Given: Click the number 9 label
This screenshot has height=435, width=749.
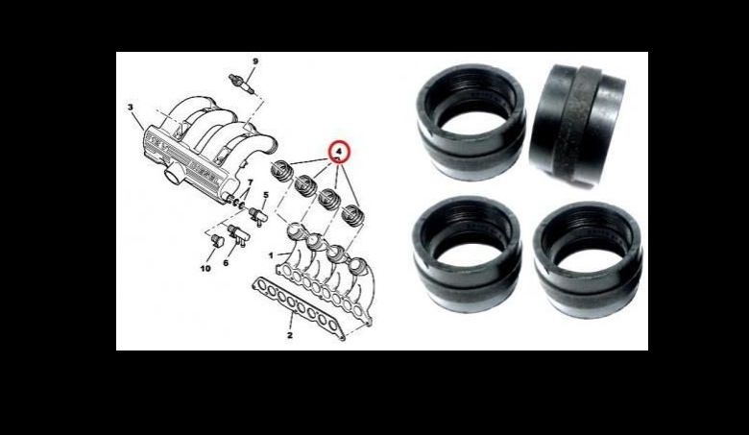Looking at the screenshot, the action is (x=255, y=61).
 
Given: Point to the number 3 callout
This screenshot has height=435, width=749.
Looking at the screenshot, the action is (x=131, y=108).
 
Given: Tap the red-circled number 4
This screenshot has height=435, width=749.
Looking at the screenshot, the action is (x=340, y=152).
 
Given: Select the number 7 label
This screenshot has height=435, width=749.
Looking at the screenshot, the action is (x=250, y=182).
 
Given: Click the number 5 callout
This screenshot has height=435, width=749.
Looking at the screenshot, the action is (x=266, y=195).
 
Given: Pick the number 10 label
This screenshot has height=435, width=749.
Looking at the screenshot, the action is (x=205, y=268).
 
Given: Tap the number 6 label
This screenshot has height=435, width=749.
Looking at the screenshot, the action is (x=226, y=262).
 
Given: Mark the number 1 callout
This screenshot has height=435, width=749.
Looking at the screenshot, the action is (x=271, y=255).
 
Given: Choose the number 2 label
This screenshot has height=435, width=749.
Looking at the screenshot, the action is (x=289, y=335).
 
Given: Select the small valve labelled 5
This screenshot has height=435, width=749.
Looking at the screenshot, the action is (x=258, y=216).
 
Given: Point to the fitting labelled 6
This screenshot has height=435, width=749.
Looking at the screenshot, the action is (x=238, y=234).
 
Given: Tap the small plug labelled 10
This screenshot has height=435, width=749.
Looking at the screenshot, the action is (x=217, y=240).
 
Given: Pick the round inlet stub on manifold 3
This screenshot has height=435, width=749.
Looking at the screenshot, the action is (x=173, y=175).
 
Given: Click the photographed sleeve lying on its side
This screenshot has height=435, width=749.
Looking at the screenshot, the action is (x=577, y=125).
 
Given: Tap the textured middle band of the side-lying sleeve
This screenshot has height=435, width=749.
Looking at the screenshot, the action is (x=576, y=125).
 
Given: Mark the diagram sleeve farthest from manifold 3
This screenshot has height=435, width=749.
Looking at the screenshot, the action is (x=353, y=215).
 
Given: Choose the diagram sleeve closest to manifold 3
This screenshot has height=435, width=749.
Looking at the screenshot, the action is (x=281, y=171).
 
